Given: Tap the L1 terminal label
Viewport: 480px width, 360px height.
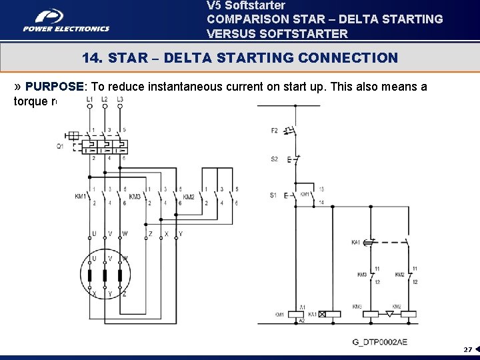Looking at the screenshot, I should tap(89, 99).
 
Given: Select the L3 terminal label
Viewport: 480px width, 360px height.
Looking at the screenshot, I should tap(120, 99).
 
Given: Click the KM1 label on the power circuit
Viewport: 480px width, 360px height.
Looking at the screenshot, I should tap(81, 196).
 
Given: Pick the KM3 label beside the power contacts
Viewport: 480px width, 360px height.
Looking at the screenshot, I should tap(135, 197).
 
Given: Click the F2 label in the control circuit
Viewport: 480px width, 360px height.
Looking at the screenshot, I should tap(274, 131).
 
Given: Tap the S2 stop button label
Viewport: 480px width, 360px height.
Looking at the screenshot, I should tap(274, 159).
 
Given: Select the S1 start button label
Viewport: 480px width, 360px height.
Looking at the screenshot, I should tap(273, 195).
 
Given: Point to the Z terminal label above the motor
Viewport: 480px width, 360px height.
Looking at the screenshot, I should tap(150, 234).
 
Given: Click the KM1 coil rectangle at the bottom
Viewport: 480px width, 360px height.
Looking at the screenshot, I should tap(295, 313).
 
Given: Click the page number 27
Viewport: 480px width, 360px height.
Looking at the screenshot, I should tap(467, 349).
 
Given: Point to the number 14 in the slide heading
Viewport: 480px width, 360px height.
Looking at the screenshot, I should tap(91, 59).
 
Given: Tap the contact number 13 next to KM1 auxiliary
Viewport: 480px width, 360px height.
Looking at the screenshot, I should tap(321, 189).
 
